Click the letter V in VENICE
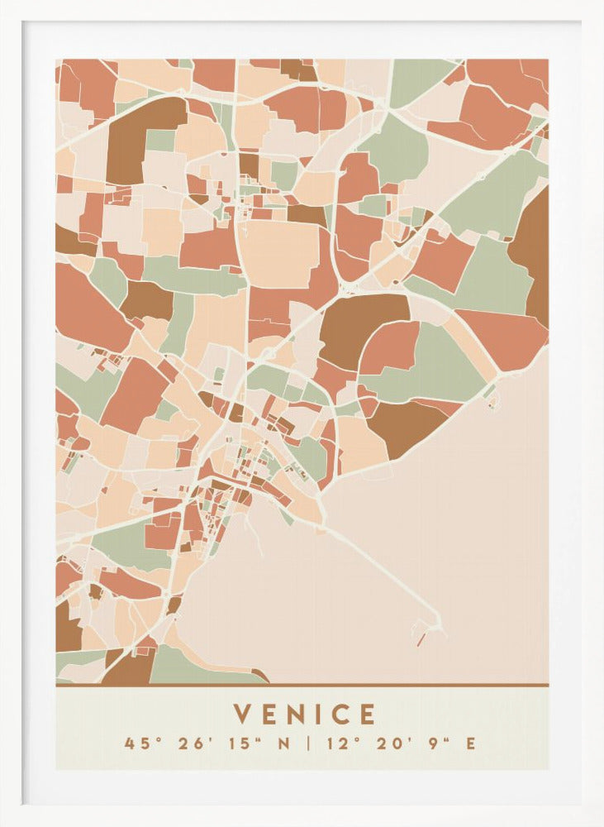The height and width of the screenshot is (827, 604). tap(243, 714)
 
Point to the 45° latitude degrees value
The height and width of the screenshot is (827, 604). tap(139, 743)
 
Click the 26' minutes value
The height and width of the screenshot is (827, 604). tap(193, 743)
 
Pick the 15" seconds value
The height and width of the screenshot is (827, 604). tap(245, 743)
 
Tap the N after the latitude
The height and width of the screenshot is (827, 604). tap(284, 743)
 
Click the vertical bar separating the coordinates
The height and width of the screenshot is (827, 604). tap(309, 743)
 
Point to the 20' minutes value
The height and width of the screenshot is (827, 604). tap(392, 743)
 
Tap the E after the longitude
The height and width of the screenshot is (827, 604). tap(470, 743)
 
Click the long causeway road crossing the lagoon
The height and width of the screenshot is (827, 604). tap(380, 571)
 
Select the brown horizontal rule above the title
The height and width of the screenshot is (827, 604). tap(302, 685)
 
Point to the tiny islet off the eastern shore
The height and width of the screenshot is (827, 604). tap(493, 404)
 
